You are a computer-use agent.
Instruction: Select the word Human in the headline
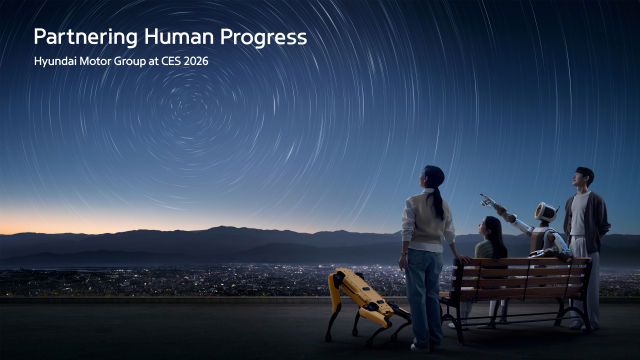[x=176, y=38]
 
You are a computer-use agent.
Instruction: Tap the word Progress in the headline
[x=265, y=38]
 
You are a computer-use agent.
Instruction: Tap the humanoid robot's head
[x=546, y=212]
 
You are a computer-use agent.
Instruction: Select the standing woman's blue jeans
[x=423, y=285]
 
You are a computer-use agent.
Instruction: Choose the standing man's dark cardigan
[x=585, y=222]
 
